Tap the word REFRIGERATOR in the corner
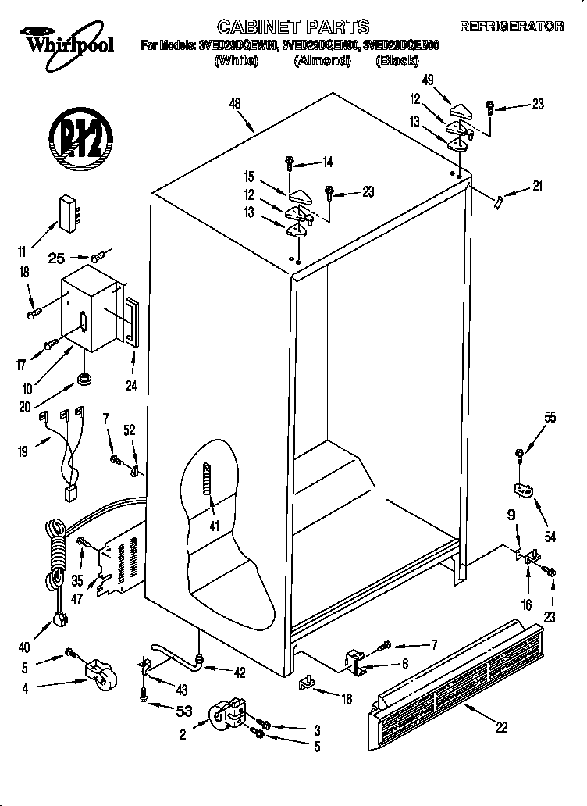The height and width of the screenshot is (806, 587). (x=511, y=27)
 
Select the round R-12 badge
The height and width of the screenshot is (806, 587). (x=76, y=138)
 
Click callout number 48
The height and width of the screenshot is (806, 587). (x=234, y=102)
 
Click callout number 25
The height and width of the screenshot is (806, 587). (x=57, y=256)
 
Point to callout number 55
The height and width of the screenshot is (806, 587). (x=550, y=418)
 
